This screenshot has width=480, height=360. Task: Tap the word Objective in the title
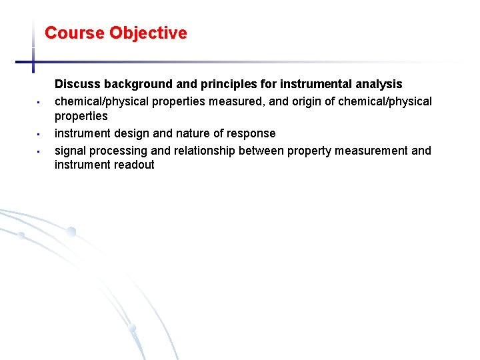click(148, 33)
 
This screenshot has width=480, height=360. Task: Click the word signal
click(70, 151)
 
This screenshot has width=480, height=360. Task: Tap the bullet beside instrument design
click(39, 134)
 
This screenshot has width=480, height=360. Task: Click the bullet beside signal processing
click(39, 151)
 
